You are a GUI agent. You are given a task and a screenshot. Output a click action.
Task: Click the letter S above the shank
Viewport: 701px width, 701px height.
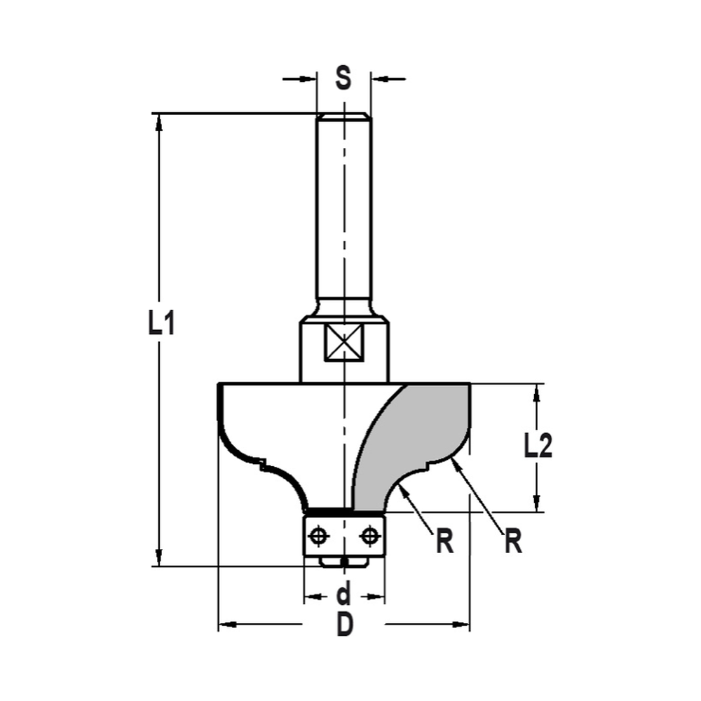coord(343,78)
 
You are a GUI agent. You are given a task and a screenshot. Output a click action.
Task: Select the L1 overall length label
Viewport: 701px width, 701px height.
coord(161,325)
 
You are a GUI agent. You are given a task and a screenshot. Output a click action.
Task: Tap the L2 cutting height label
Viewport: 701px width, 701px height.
coord(538,446)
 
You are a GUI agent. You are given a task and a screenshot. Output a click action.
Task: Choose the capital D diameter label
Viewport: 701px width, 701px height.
coord(344,624)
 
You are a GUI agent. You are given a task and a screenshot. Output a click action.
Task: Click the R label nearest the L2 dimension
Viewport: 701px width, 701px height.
coord(514,541)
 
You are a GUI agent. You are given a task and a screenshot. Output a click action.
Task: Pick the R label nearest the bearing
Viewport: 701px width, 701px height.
coord(444,541)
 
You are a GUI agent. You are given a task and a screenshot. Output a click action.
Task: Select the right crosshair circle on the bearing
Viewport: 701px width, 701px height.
coord(369,536)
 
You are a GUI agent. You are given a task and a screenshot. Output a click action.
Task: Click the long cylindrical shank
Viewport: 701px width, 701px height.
coord(343,210)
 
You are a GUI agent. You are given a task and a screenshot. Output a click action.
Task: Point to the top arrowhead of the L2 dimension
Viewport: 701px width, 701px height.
coord(538,391)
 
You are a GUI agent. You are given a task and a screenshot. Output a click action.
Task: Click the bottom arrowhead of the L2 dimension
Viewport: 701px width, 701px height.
coord(538,504)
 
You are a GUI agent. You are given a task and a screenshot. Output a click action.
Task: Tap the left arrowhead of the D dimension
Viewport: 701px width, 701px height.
coord(226,623)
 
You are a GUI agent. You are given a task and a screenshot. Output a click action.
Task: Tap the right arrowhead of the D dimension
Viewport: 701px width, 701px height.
coord(463,623)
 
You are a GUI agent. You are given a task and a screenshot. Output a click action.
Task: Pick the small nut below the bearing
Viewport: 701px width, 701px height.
coord(343,562)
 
